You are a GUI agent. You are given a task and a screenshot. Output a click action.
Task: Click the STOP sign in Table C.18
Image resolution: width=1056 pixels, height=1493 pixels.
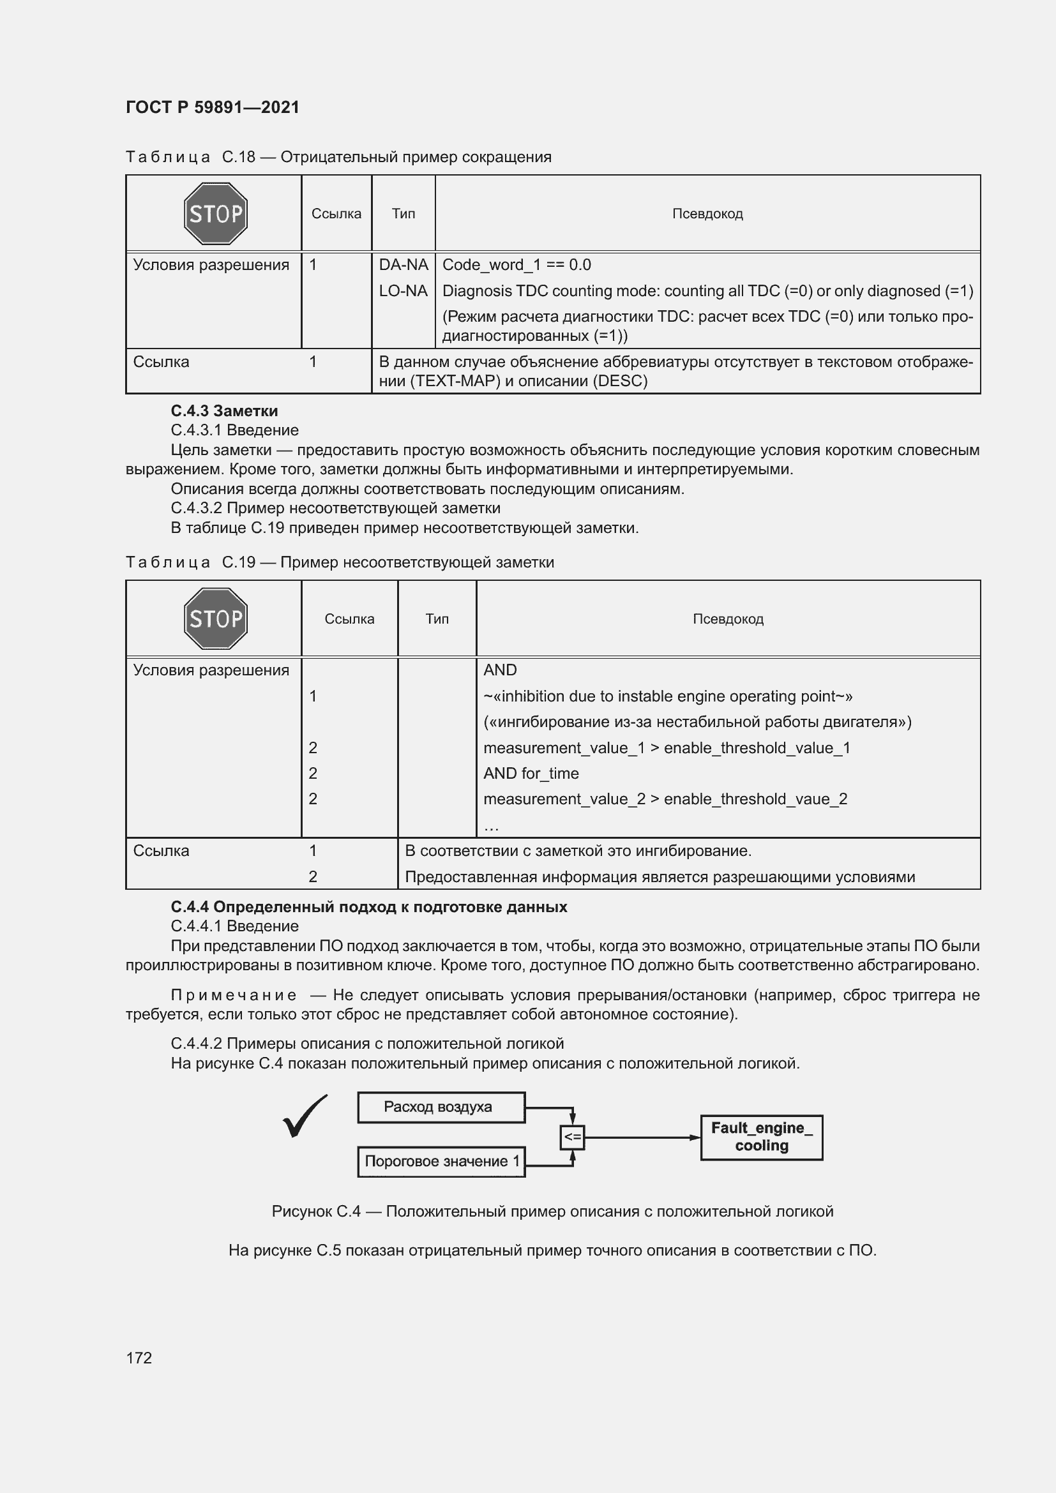(215, 213)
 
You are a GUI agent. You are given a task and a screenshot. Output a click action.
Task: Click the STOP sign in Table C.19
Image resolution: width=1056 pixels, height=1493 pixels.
(215, 619)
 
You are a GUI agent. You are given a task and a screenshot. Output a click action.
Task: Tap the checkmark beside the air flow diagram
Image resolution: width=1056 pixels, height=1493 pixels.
(305, 1116)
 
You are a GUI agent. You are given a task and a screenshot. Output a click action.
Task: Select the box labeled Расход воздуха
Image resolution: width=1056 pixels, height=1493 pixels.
(441, 1107)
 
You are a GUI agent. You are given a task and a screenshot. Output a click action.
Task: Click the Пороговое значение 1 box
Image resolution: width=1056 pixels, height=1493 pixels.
(441, 1161)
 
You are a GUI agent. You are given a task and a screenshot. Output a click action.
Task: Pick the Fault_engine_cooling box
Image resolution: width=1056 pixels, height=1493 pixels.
(761, 1137)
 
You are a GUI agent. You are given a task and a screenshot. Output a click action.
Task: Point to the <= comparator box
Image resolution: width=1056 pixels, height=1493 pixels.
(572, 1137)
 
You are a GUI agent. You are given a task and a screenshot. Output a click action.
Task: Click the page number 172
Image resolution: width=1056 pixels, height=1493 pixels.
(139, 1358)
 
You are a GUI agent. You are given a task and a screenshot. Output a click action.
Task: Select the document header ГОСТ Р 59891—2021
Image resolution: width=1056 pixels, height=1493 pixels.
(212, 107)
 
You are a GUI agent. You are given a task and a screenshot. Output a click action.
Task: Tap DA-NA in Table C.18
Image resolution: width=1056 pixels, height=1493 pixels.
(403, 266)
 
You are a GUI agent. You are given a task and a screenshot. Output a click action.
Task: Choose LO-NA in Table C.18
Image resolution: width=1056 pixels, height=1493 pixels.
(403, 291)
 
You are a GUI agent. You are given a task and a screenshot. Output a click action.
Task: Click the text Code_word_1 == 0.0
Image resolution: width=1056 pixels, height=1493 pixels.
(517, 266)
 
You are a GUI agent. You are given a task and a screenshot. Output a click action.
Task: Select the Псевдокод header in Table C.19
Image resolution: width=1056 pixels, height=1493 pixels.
(728, 619)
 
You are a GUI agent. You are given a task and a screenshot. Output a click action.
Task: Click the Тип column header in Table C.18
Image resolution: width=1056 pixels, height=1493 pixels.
(403, 214)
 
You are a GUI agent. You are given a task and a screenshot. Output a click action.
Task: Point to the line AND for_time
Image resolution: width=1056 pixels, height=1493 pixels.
(531, 774)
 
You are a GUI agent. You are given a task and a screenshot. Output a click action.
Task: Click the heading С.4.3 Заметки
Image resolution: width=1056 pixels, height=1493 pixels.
(223, 411)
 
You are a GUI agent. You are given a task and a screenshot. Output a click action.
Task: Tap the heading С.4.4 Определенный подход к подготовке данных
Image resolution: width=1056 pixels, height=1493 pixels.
(368, 907)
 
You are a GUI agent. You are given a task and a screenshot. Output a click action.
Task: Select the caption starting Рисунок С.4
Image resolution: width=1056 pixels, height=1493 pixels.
(552, 1212)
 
